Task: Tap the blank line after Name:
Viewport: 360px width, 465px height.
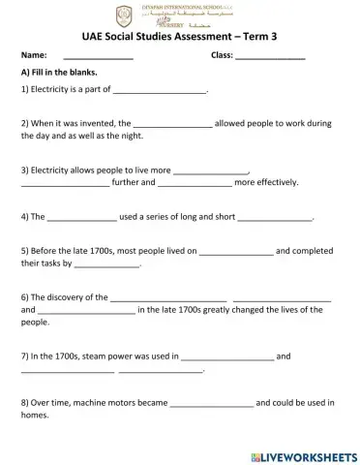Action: point(98,58)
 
